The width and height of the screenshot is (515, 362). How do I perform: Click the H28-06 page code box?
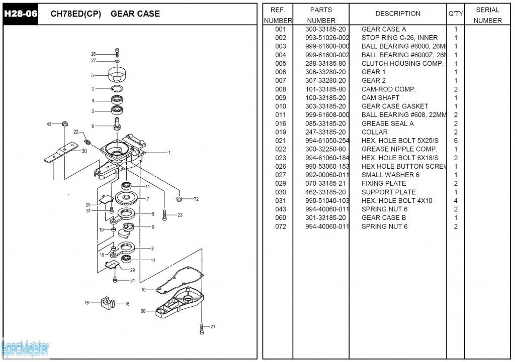point(21,14)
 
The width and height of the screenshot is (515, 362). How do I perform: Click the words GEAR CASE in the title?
point(135,14)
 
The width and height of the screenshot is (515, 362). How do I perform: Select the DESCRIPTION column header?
point(398,14)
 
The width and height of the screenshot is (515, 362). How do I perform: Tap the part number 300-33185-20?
point(325,29)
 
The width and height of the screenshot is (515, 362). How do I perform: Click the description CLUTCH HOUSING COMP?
point(402,63)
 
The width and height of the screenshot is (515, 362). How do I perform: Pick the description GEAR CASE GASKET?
point(395,106)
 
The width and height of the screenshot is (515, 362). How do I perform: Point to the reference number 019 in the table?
point(281,132)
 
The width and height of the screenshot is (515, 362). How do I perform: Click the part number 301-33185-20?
point(325,217)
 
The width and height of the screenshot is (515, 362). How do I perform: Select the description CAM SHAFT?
point(380,97)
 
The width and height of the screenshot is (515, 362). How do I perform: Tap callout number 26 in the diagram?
point(93,54)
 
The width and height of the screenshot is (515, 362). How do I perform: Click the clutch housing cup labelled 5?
point(117,75)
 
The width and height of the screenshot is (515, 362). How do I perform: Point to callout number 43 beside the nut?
point(49,124)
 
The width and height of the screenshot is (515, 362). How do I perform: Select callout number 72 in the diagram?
point(196,199)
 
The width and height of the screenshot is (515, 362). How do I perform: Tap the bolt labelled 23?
point(165,215)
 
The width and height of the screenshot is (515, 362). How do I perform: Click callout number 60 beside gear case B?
point(143,311)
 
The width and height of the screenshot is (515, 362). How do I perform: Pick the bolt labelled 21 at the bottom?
point(202,328)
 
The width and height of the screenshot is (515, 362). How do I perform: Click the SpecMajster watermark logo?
point(25,347)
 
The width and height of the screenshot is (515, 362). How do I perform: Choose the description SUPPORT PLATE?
point(388,192)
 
